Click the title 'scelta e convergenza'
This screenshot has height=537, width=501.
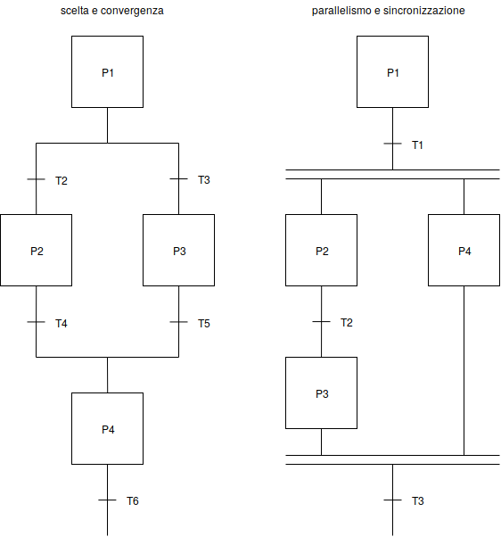pyautogui.click(x=107, y=12)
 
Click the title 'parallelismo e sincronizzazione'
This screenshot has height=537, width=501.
pyautogui.click(x=388, y=12)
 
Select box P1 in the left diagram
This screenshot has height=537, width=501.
pyautogui.click(x=107, y=72)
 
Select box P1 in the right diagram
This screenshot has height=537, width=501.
pyautogui.click(x=392, y=72)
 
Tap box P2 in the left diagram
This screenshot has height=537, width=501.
pyautogui.click(x=36, y=251)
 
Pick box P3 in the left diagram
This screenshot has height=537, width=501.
pyautogui.click(x=178, y=251)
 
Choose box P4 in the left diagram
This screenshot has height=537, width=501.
pyautogui.click(x=107, y=429)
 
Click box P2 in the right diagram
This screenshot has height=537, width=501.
pyautogui.click(x=321, y=251)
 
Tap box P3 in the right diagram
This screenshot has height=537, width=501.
pyautogui.click(x=321, y=393)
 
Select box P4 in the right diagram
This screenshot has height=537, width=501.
pyautogui.click(x=464, y=251)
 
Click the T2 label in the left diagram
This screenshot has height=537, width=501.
pyautogui.click(x=61, y=180)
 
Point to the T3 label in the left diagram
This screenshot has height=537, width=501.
pyautogui.click(x=203, y=180)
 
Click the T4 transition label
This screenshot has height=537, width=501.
pyautogui.click(x=61, y=323)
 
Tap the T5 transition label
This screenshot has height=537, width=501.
pyautogui.click(x=203, y=323)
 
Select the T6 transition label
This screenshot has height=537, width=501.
pyautogui.click(x=132, y=501)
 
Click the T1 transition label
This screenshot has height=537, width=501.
pyautogui.click(x=417, y=145)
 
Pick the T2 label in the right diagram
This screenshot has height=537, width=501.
pyautogui.click(x=346, y=323)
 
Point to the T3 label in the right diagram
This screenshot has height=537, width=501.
pyautogui.click(x=417, y=501)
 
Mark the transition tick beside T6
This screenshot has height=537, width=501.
pyautogui.click(x=107, y=500)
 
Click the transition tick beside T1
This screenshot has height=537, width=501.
pyautogui.click(x=392, y=144)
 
